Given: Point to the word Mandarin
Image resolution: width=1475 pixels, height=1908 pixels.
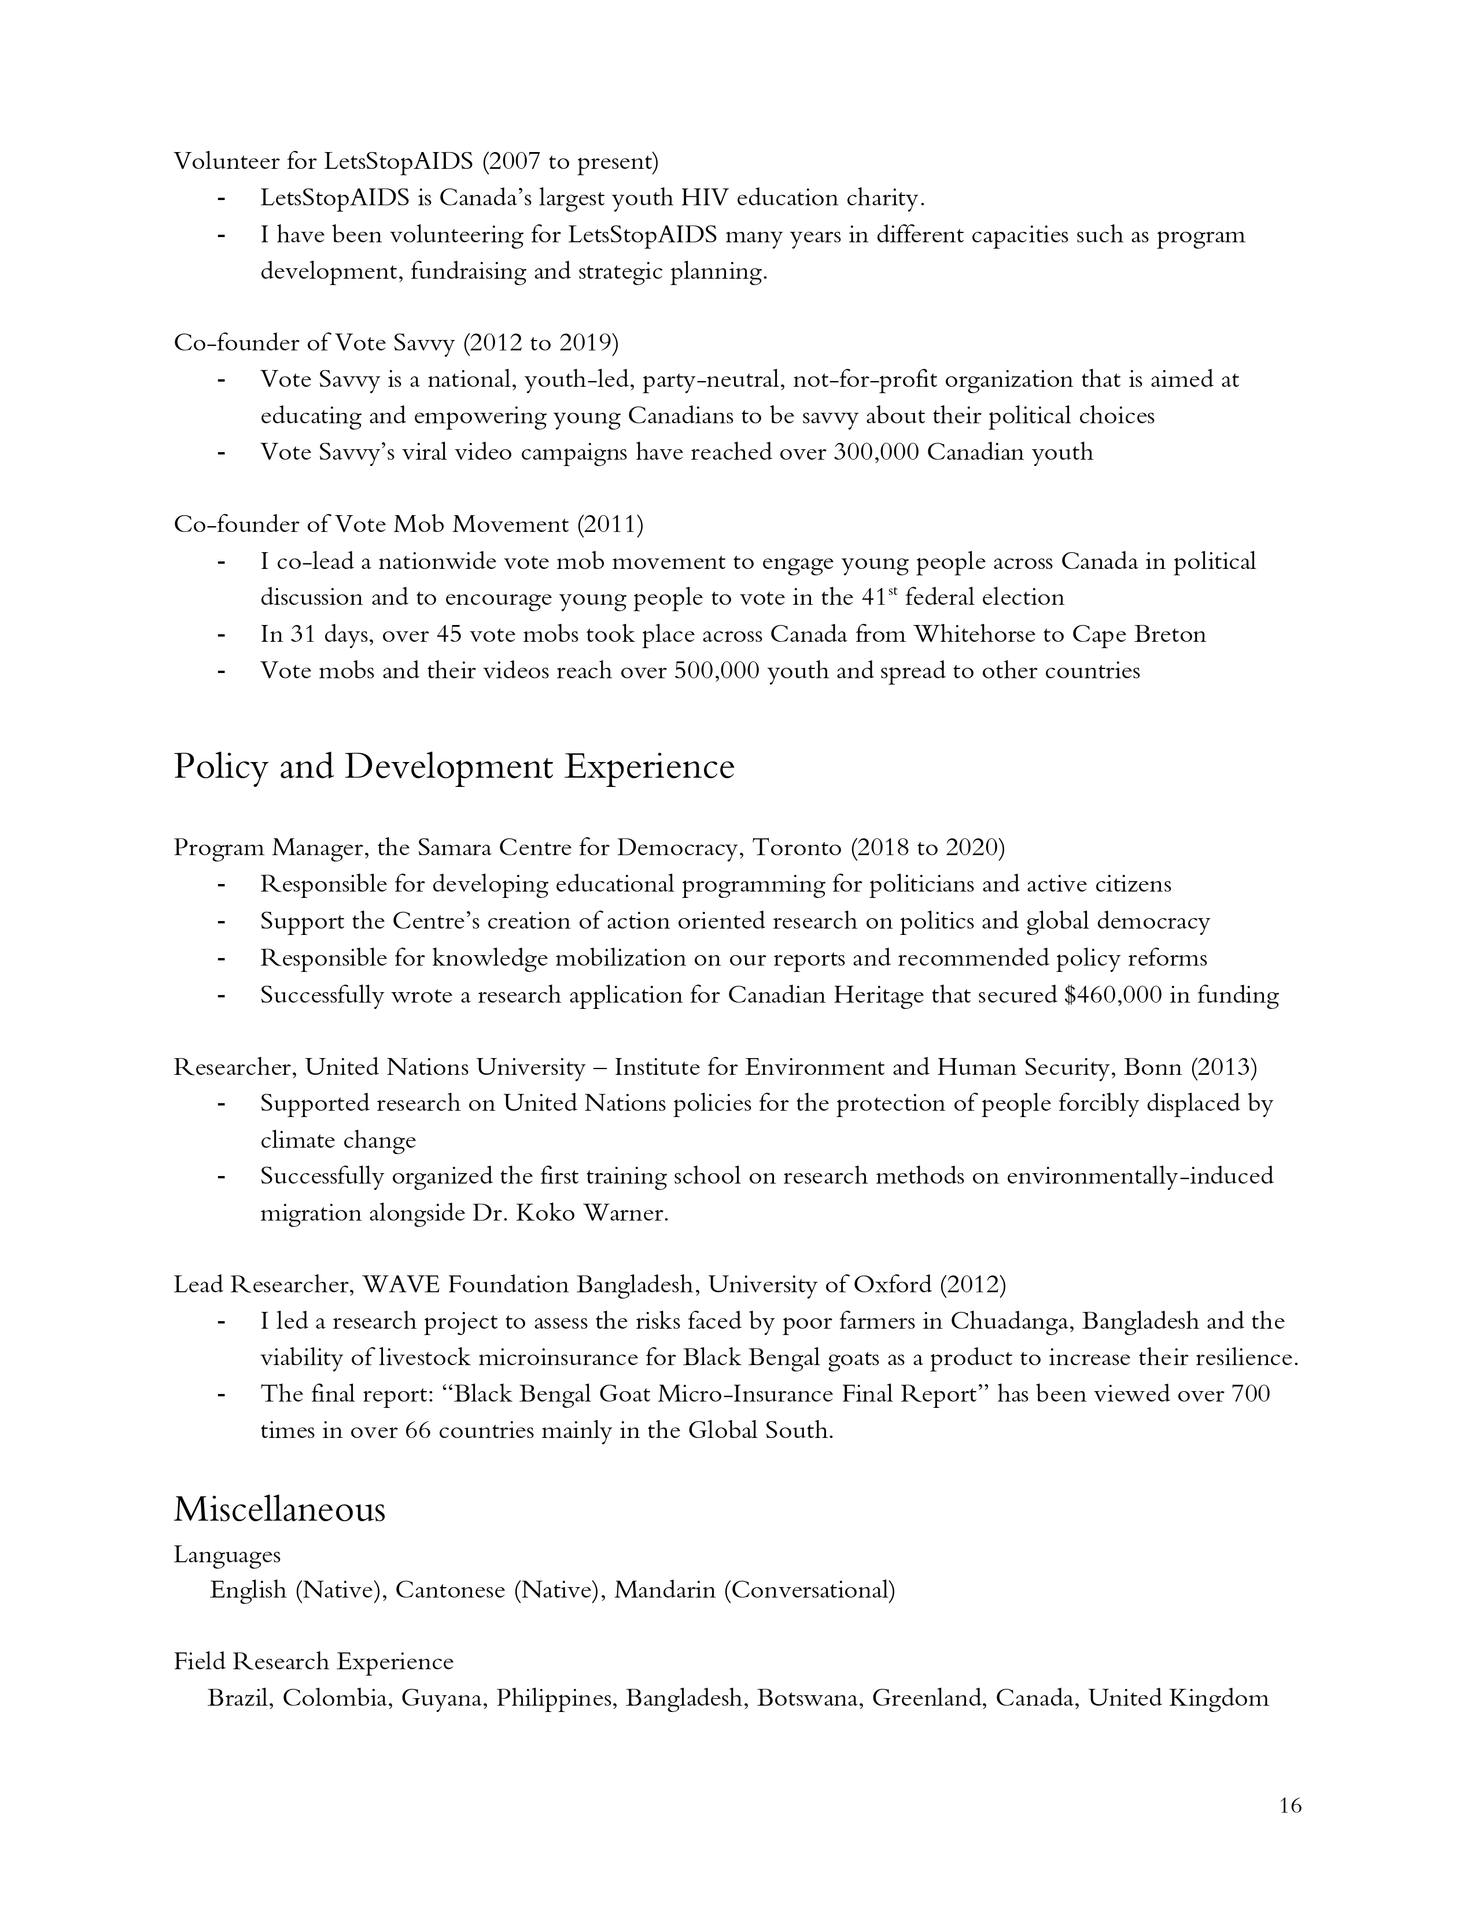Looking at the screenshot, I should point(665,1590).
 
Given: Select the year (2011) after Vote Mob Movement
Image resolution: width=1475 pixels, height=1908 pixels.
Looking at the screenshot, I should point(610,524).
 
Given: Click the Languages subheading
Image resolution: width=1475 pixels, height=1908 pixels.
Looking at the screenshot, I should point(227,1555).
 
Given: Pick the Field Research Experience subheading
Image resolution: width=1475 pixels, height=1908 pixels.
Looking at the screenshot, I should point(314,1662).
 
